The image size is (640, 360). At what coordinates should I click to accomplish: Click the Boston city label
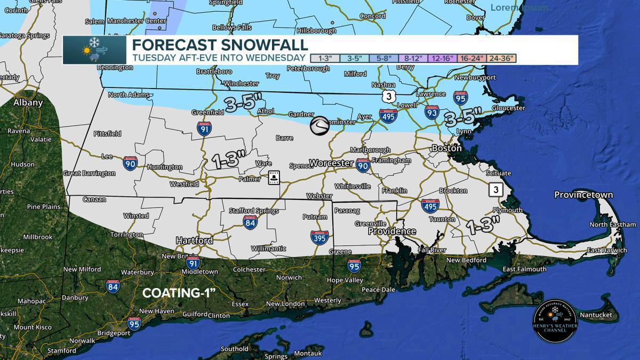(x=446, y=148)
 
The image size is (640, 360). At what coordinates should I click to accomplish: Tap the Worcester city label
(x=331, y=163)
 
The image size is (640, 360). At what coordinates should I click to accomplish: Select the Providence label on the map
(x=391, y=231)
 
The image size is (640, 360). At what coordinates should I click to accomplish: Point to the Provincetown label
(x=583, y=195)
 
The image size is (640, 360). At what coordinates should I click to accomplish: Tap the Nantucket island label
(x=593, y=315)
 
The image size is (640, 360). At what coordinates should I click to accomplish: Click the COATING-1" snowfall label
(x=178, y=293)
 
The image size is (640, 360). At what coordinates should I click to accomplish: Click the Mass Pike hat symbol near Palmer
(x=274, y=177)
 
